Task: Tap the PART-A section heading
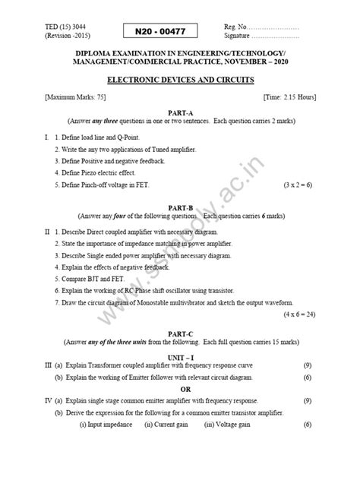179,113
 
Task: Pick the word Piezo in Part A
93,172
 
